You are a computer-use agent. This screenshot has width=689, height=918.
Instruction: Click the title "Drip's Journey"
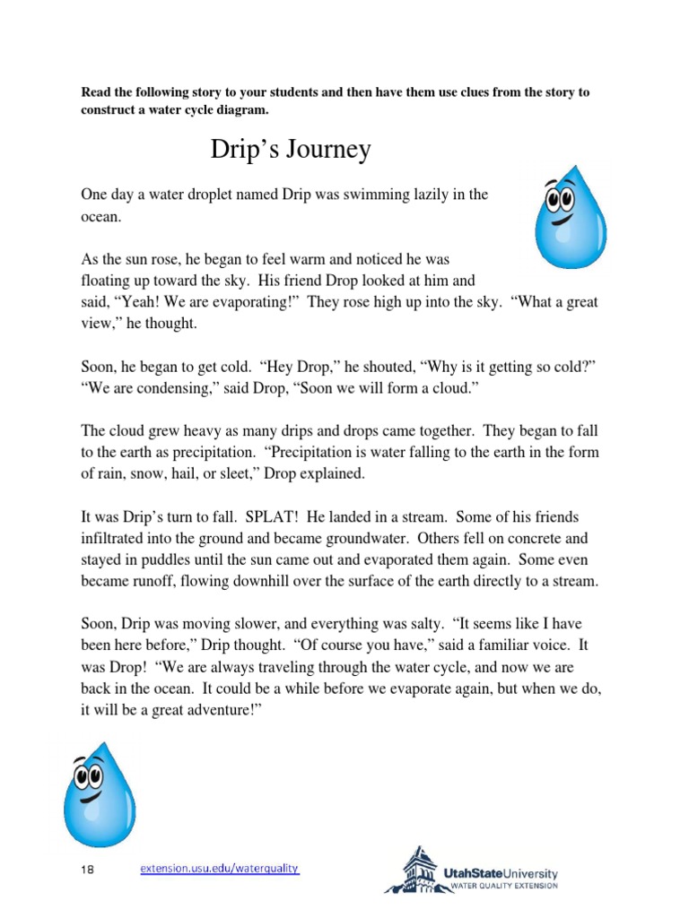pos(290,149)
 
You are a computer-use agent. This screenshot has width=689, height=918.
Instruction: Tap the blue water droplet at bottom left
pos(99,794)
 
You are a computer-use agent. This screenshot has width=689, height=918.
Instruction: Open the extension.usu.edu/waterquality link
pos(219,869)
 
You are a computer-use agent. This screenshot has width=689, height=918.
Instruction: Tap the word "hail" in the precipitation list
pos(182,473)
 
